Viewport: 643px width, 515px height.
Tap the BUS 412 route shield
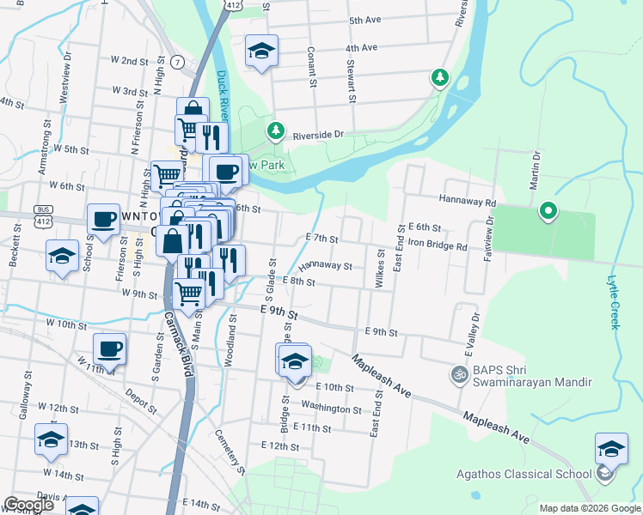tap(42, 215)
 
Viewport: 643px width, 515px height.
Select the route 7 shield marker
tap(177, 62)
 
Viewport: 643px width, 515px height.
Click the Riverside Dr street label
tap(318, 135)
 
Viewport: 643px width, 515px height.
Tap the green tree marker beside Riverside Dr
tap(275, 131)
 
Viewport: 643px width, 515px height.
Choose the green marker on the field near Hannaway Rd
tap(548, 210)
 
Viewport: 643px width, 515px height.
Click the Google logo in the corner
tap(28, 505)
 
